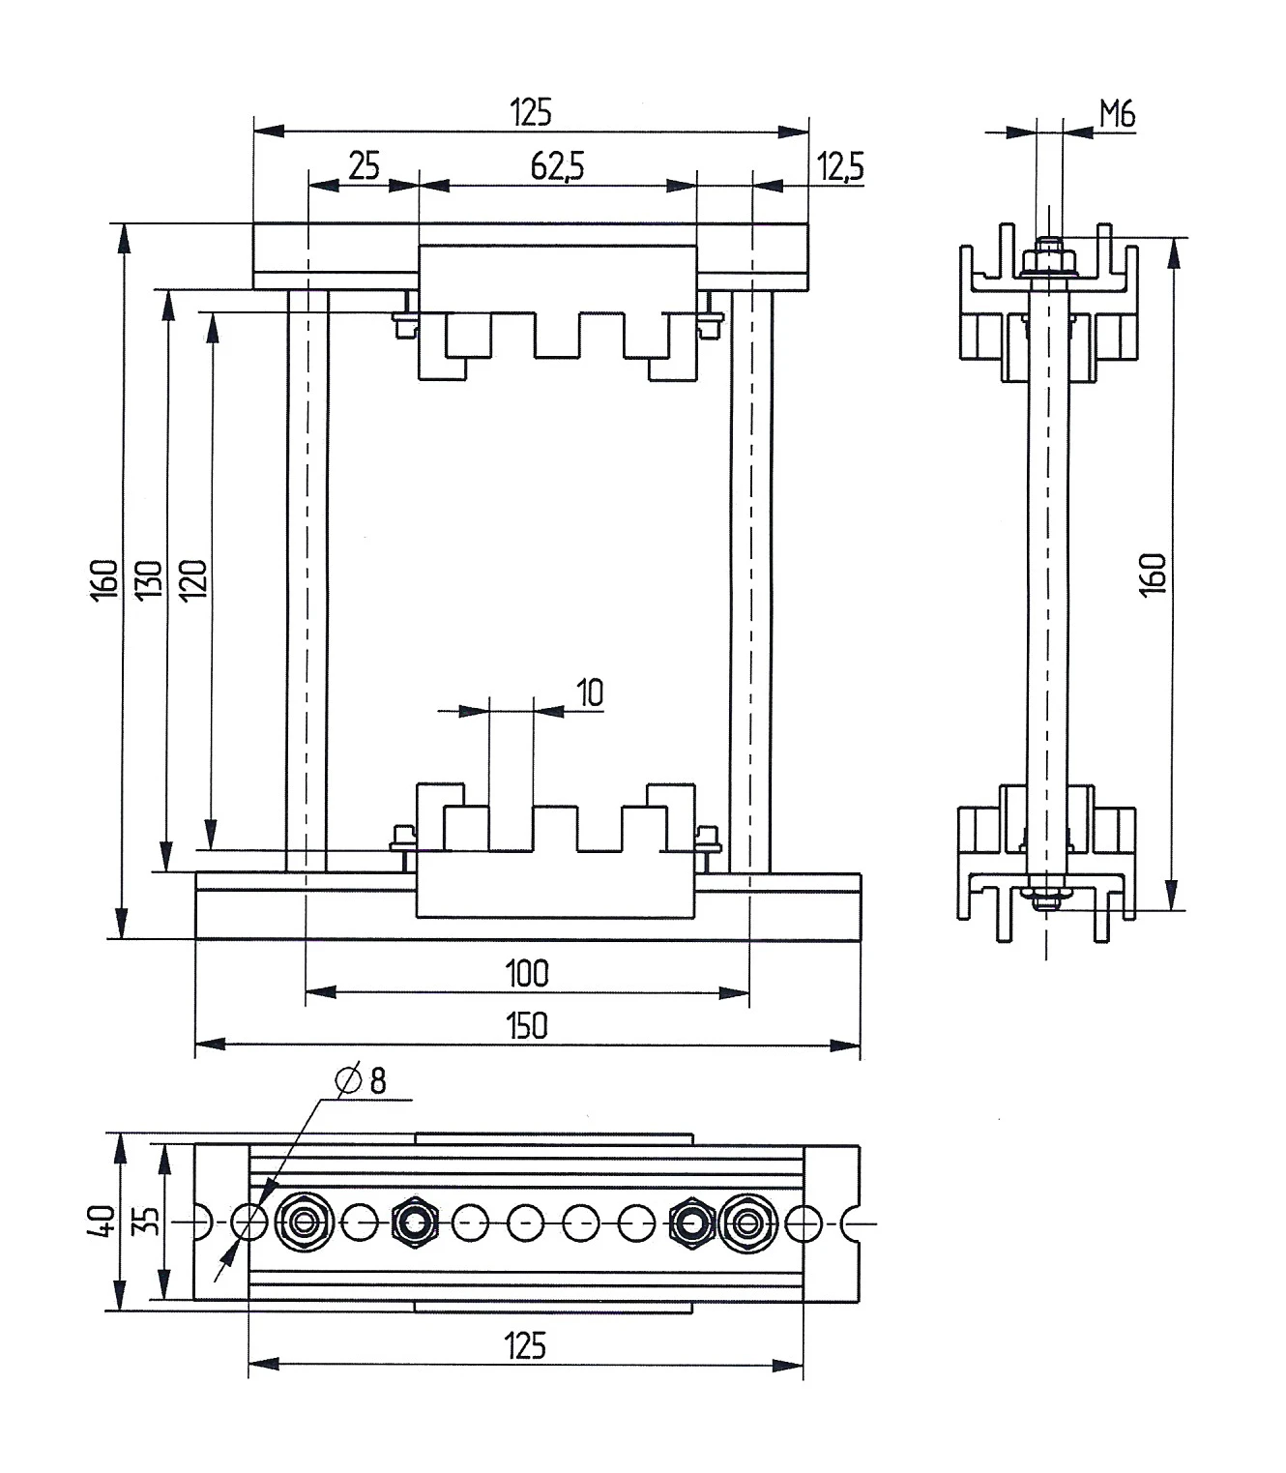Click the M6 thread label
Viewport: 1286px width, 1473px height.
[x=1118, y=115]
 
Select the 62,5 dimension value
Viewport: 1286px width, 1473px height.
[x=557, y=166]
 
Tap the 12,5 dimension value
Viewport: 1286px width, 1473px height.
[x=840, y=166]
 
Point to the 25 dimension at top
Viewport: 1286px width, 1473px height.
[x=364, y=166]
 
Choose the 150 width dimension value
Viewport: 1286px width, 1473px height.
[x=527, y=1025]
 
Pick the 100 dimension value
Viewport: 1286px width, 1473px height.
[x=527, y=973]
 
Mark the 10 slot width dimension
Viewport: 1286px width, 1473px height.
[x=590, y=692]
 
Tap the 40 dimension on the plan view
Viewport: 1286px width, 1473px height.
[x=102, y=1221]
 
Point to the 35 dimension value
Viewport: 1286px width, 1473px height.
[x=145, y=1221]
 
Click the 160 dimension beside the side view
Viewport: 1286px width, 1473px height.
[x=1154, y=574]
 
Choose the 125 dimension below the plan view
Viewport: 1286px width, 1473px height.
[x=525, y=1345]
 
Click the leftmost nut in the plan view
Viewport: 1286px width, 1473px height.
[x=306, y=1223]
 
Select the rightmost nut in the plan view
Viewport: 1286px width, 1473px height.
[x=745, y=1223]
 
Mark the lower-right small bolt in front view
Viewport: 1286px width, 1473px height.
[x=707, y=838]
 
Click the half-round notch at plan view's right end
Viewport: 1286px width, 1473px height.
[x=851, y=1223]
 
